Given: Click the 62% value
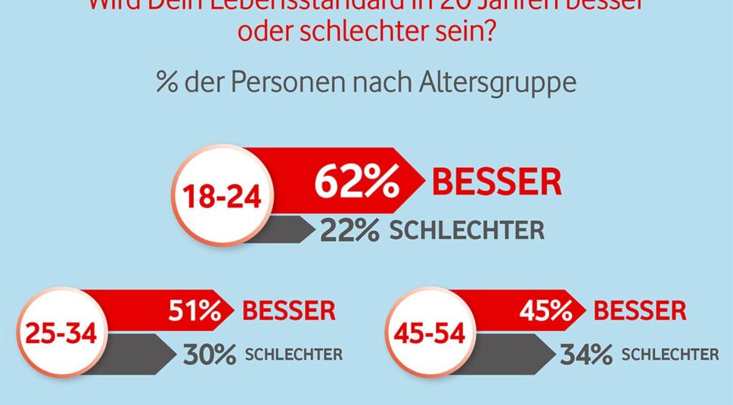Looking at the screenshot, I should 356,183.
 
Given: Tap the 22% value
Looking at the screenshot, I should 349,230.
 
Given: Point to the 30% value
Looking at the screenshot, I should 210,354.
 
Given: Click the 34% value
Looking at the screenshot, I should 586,354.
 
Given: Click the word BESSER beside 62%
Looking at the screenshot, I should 496,183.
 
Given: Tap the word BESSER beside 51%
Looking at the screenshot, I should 288,310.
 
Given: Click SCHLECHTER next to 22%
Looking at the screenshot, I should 467,230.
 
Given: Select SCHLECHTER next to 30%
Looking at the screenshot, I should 294,354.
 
